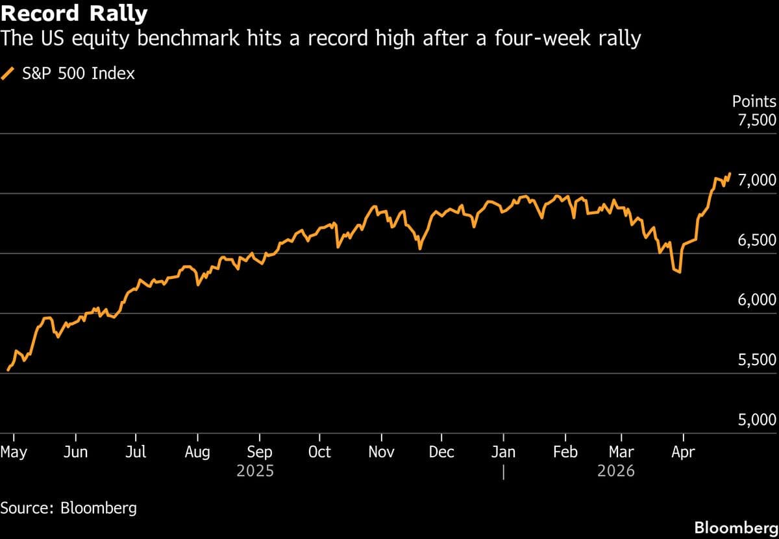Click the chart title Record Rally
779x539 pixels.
coord(74,13)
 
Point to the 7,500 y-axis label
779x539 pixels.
coord(757,120)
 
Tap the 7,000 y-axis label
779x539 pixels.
coord(757,180)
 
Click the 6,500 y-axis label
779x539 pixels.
coord(757,240)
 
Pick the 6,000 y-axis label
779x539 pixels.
coord(757,300)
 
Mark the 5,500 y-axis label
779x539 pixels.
coord(757,360)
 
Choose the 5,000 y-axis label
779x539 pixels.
coord(757,420)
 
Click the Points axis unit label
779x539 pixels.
coord(754,101)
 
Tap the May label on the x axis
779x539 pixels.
coord(14,452)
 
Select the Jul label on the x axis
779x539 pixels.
coord(135,452)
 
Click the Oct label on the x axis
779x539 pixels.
coord(319,452)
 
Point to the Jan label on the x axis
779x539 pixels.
coord(503,452)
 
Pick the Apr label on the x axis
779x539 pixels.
coord(682,452)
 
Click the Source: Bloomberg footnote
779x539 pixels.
coord(69,507)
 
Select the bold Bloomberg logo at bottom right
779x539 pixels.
coord(735,527)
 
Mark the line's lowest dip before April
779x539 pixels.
coord(679,272)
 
